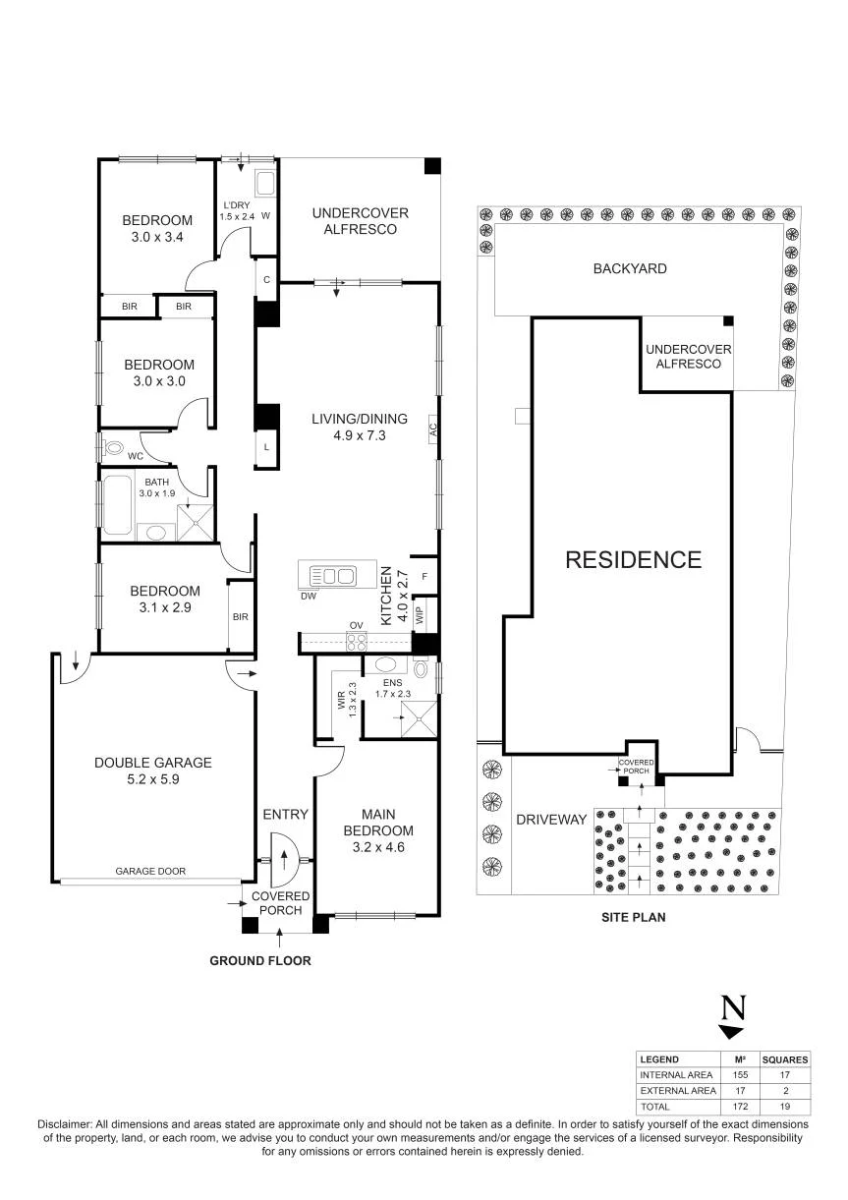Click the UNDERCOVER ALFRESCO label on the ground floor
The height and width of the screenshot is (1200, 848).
click(x=360, y=221)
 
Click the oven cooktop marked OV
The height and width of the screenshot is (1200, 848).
click(x=357, y=642)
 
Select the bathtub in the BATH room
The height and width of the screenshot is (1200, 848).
click(x=117, y=504)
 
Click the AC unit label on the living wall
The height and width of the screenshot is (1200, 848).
click(x=433, y=429)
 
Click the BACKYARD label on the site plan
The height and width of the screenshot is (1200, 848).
click(x=630, y=268)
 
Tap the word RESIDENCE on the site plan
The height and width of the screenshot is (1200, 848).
click(x=633, y=560)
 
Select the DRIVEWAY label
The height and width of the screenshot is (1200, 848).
click(x=551, y=819)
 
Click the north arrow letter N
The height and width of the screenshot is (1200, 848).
click(x=733, y=1007)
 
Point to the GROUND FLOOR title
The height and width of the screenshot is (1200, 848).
click(x=260, y=960)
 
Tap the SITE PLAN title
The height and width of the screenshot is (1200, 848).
click(x=633, y=917)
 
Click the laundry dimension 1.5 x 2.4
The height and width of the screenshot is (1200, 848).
click(x=237, y=216)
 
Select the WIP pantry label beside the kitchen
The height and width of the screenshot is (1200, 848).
click(x=420, y=615)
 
